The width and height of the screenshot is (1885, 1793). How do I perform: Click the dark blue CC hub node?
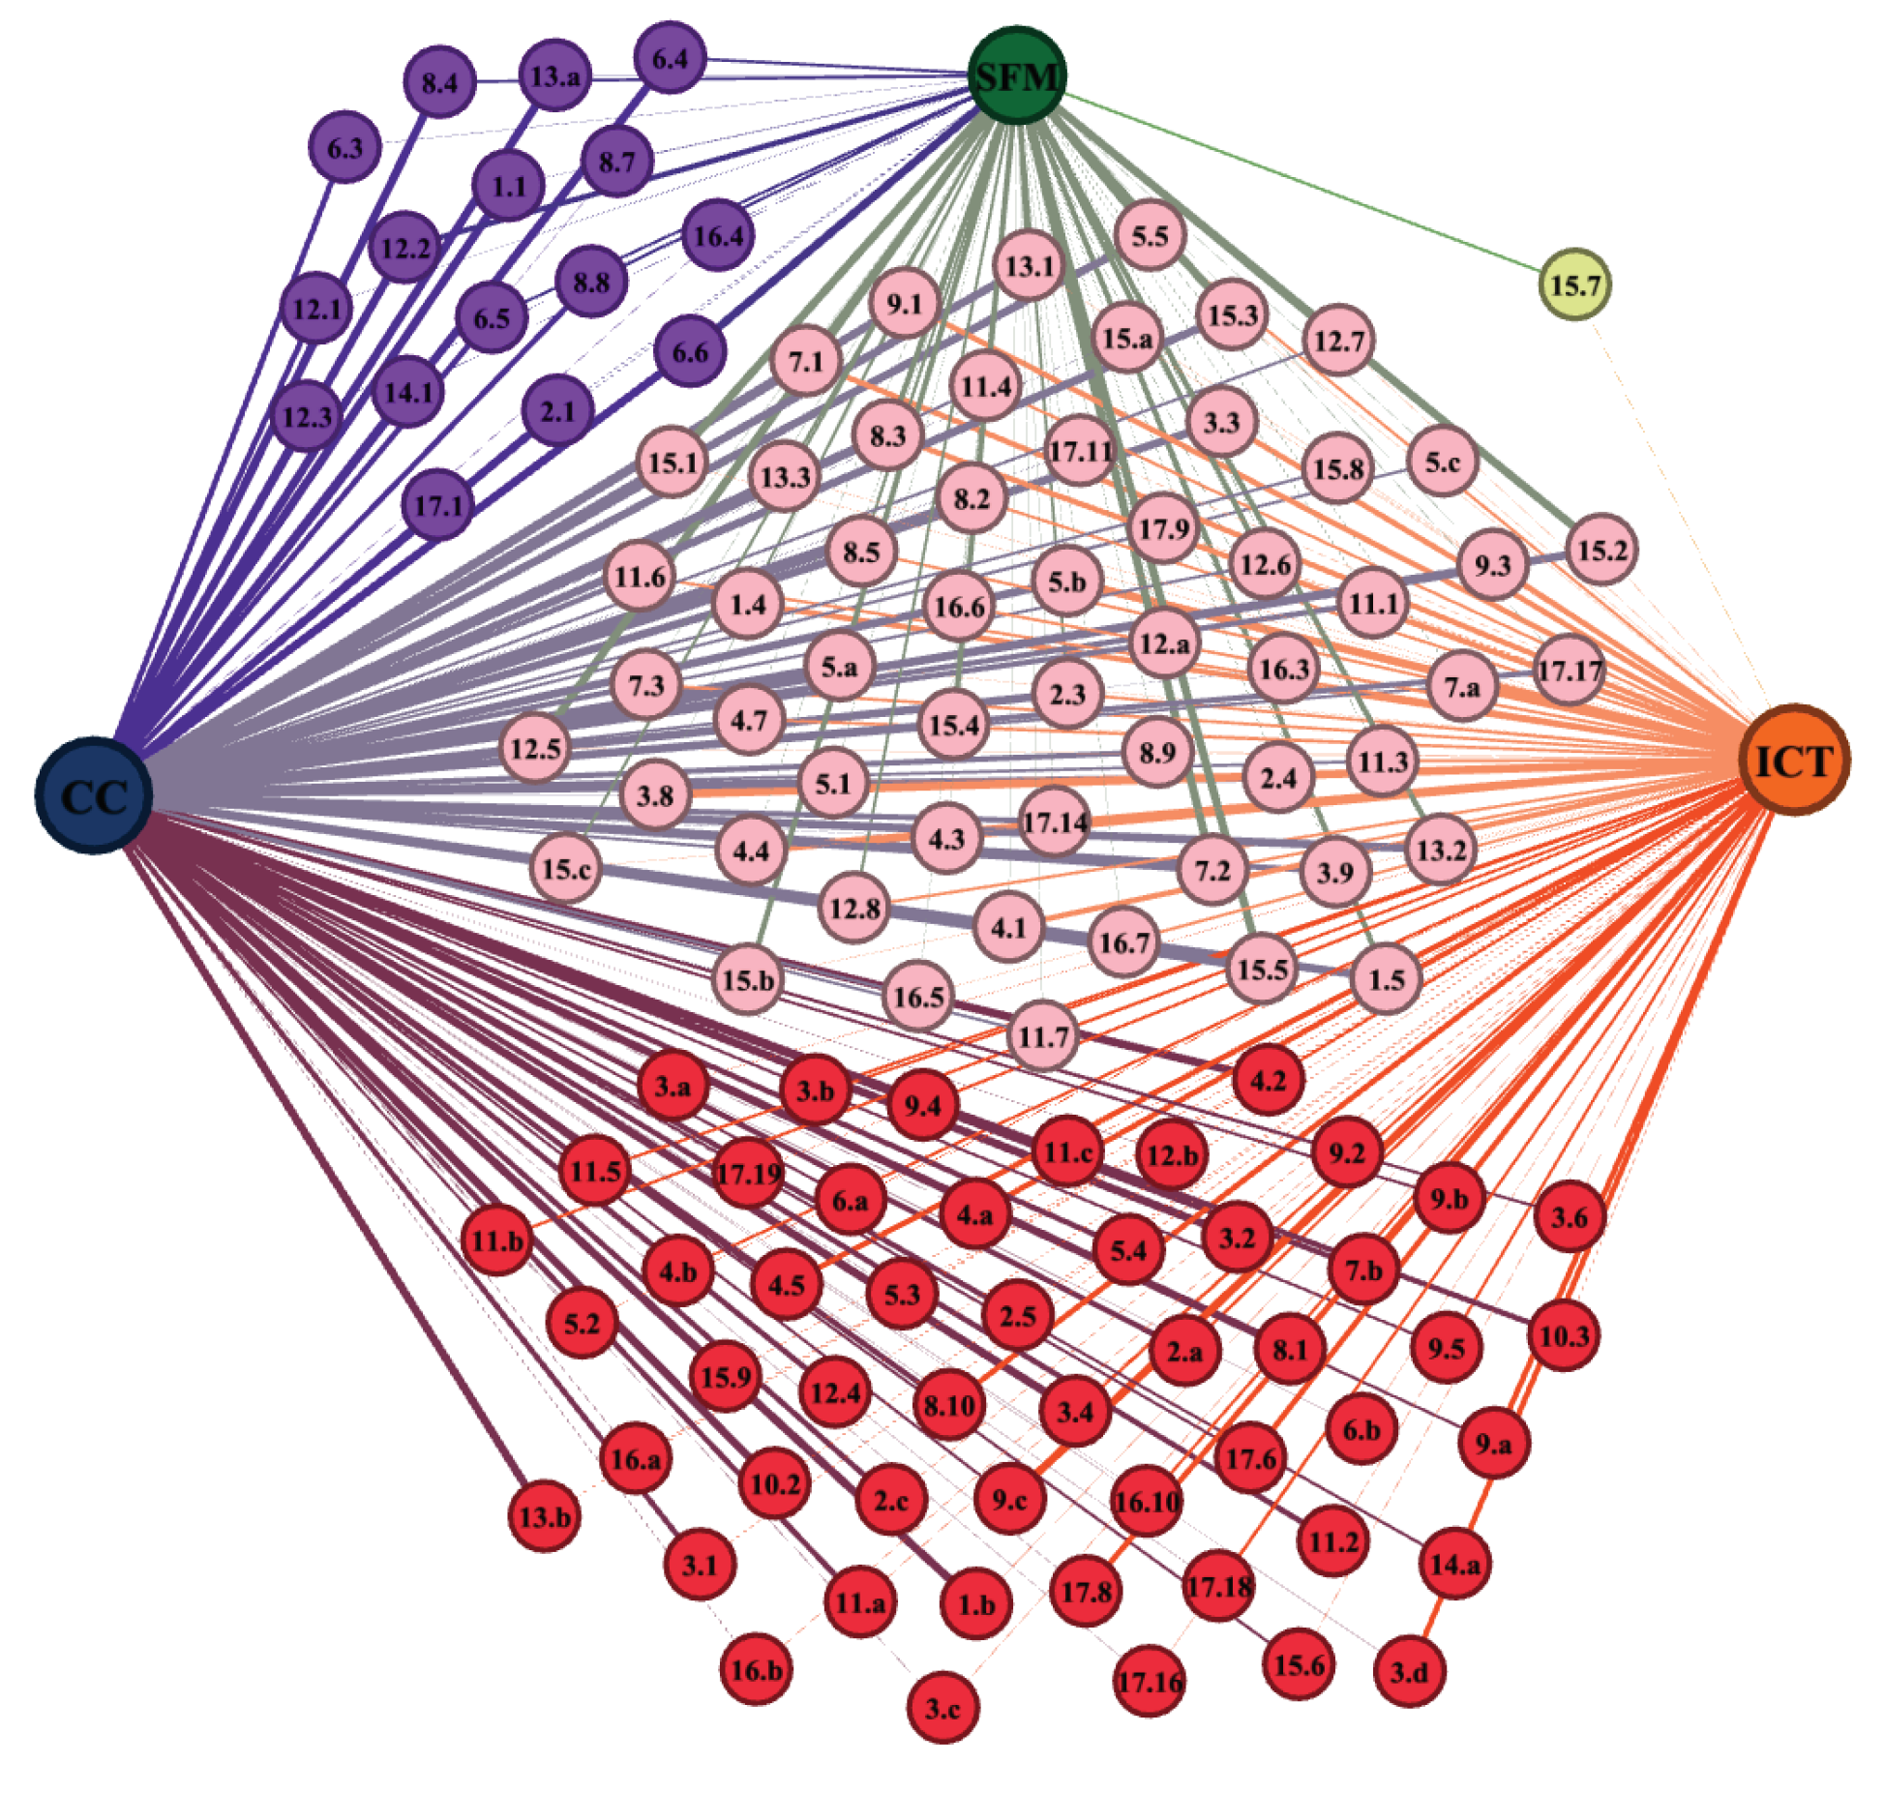click(94, 794)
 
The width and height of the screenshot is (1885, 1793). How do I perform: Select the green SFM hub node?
click(1017, 75)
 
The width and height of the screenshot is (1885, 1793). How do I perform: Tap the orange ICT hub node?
click(1794, 760)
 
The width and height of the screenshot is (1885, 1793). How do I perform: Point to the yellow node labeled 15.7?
click(1574, 284)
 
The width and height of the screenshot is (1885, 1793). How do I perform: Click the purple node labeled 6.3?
click(344, 148)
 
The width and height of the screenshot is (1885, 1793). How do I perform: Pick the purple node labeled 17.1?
click(438, 503)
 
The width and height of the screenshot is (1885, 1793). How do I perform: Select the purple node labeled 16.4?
click(718, 235)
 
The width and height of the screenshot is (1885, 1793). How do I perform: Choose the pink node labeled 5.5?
click(1150, 235)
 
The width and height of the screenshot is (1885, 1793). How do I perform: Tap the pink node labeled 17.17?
click(1570, 670)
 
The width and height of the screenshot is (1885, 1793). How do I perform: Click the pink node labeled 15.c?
click(566, 868)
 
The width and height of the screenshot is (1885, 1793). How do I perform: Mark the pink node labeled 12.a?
click(1164, 642)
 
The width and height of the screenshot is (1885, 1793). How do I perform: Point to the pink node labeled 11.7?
click(1043, 1036)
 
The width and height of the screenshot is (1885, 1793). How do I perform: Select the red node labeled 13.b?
click(545, 1515)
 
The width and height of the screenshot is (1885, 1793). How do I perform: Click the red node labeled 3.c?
click(943, 1707)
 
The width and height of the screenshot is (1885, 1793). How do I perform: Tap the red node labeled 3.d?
click(1409, 1671)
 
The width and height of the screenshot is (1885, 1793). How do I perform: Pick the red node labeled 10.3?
click(1564, 1336)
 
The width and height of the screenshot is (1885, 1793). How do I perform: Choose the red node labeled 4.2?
click(1268, 1080)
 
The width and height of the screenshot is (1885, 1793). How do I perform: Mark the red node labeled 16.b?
click(756, 1669)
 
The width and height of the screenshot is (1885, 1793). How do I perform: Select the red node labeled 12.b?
click(1172, 1154)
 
